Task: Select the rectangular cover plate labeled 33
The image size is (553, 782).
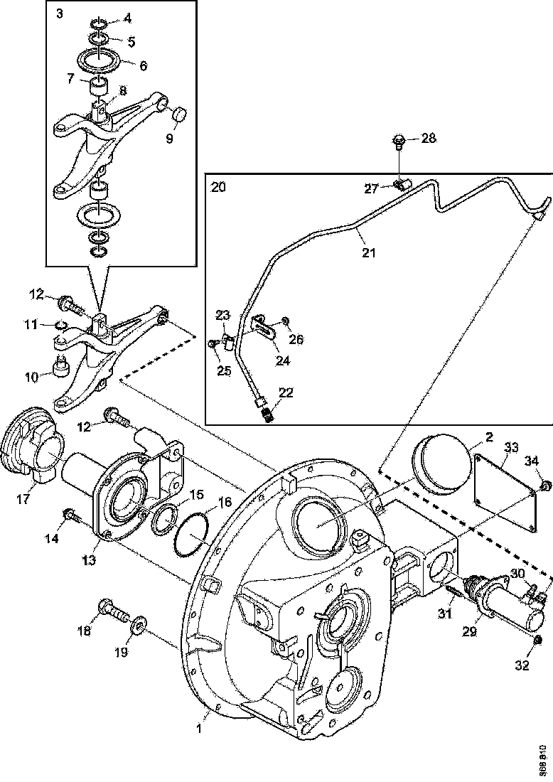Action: [505, 491]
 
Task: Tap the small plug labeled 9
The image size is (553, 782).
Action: [179, 113]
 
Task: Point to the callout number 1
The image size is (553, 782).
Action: [200, 729]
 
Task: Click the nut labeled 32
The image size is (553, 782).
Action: [537, 643]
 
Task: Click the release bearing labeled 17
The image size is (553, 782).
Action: [33, 444]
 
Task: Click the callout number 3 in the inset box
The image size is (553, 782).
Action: [59, 15]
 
